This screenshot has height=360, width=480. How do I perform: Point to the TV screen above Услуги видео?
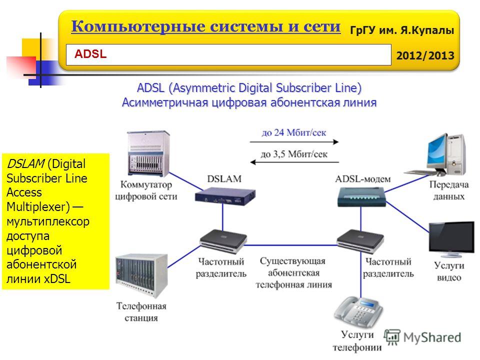pyautogui.click(x=451, y=239)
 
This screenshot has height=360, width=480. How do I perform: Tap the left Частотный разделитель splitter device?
pyautogui.click(x=223, y=242)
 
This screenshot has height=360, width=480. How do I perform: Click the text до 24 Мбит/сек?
pyautogui.click(x=294, y=133)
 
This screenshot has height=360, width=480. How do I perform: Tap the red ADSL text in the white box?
pyautogui.click(x=90, y=54)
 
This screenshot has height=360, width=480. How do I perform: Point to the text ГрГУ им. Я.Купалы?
pyautogui.click(x=424, y=30)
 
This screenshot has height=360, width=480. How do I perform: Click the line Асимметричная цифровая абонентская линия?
pyautogui.click(x=249, y=102)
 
